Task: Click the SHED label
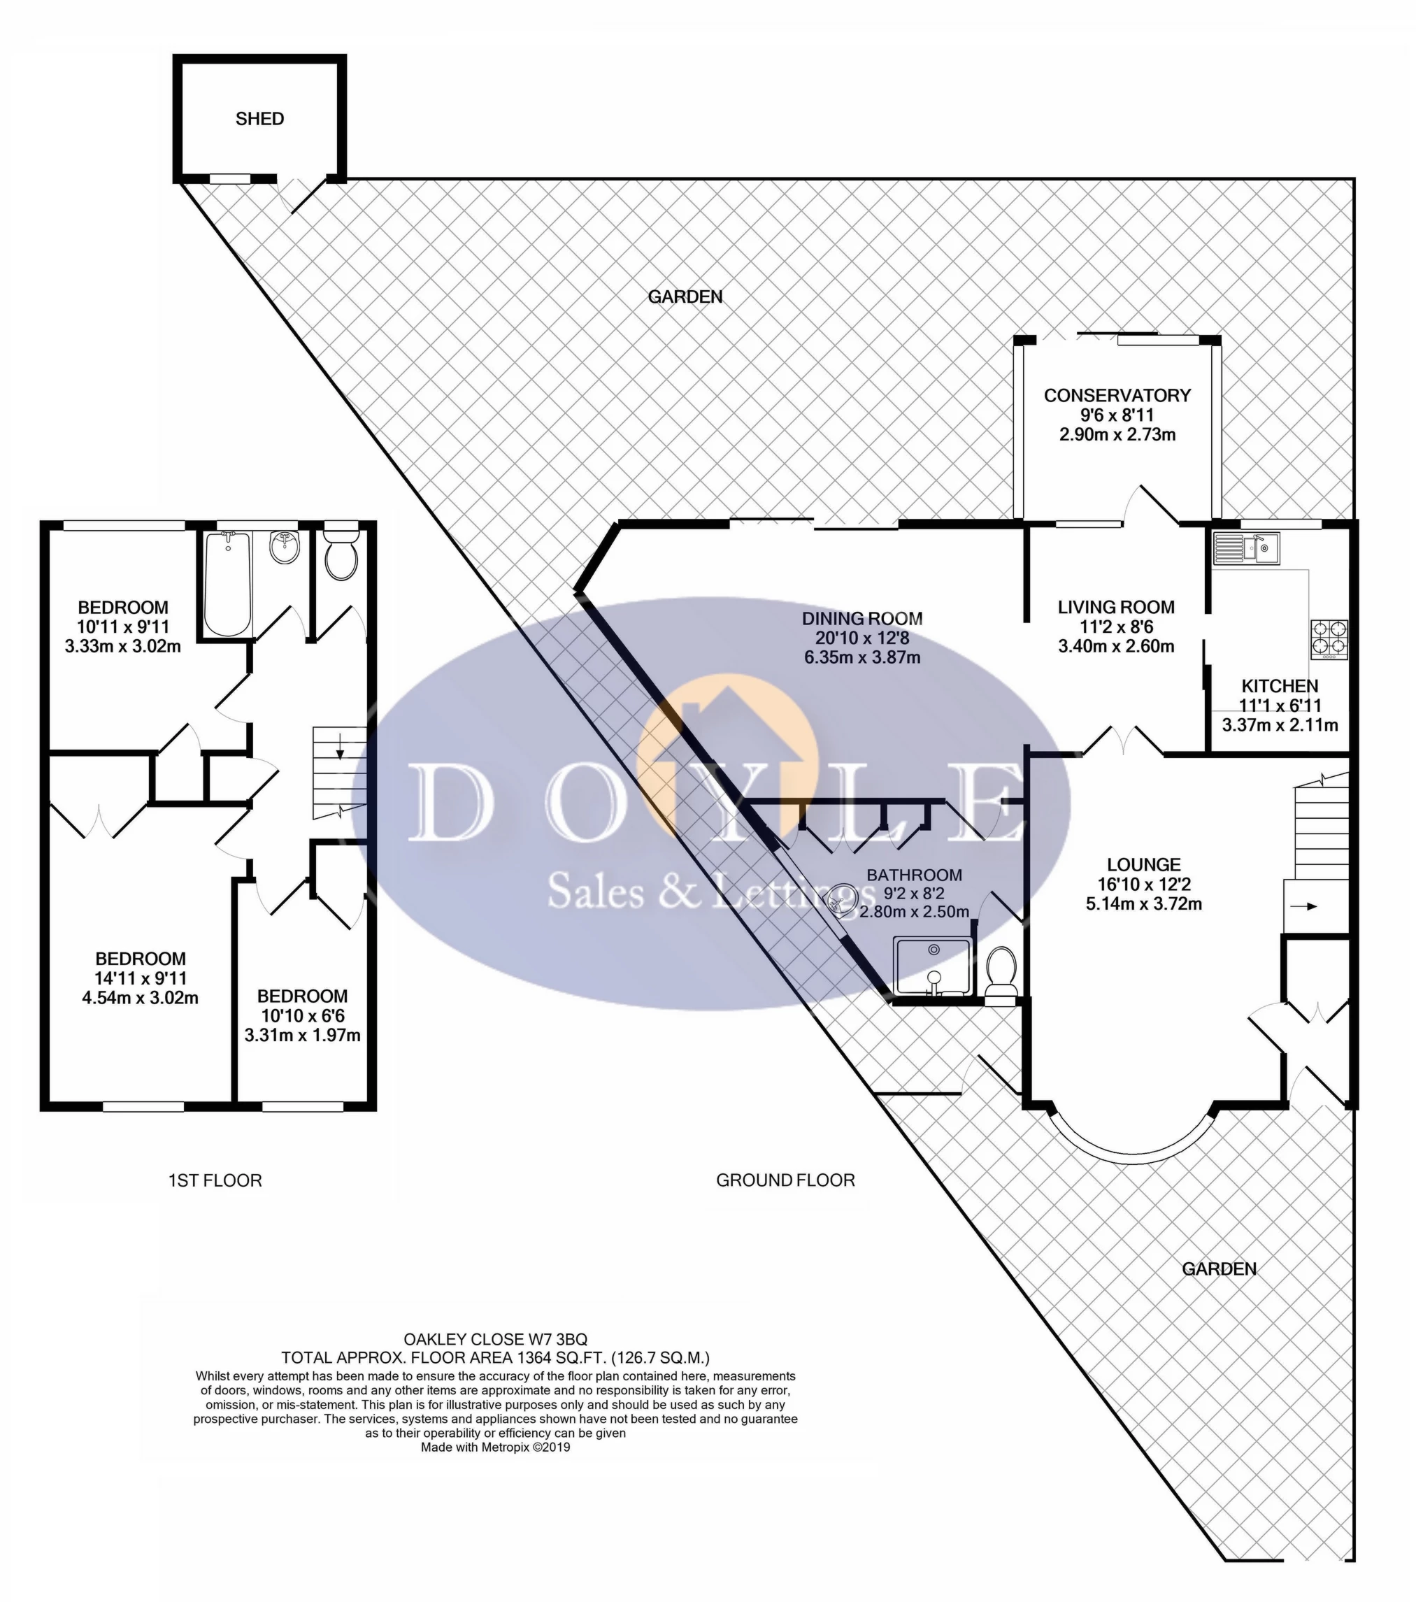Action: point(259,119)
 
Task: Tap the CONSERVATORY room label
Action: point(1117,395)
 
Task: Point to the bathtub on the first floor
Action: point(227,583)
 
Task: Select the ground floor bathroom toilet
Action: point(1001,975)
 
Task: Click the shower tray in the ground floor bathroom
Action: point(934,967)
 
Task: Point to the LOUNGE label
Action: point(1144,864)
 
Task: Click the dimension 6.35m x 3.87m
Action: point(862,657)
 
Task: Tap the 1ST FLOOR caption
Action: point(215,1180)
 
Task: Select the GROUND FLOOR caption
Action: point(785,1180)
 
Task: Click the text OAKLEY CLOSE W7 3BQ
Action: point(495,1338)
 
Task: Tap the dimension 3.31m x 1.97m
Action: point(303,1036)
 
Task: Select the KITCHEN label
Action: point(1279,686)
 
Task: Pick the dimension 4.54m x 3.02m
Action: point(141,998)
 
